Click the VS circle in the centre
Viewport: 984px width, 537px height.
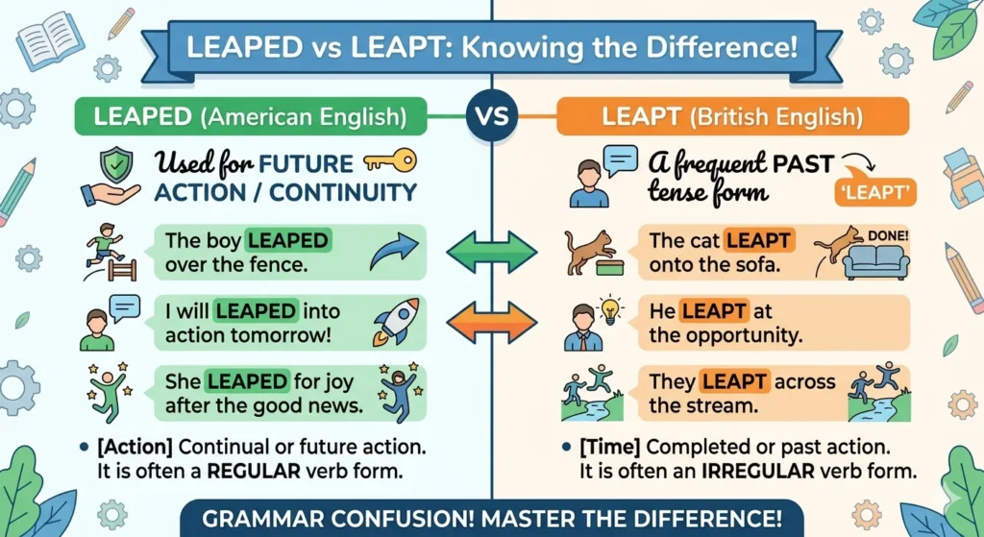point(492,118)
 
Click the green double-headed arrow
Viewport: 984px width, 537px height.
point(491,252)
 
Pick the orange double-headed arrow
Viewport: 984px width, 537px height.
point(491,318)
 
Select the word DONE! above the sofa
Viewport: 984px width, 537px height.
point(888,233)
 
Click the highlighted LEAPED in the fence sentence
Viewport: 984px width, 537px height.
point(288,241)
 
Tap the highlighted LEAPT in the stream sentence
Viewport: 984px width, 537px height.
point(732,381)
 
